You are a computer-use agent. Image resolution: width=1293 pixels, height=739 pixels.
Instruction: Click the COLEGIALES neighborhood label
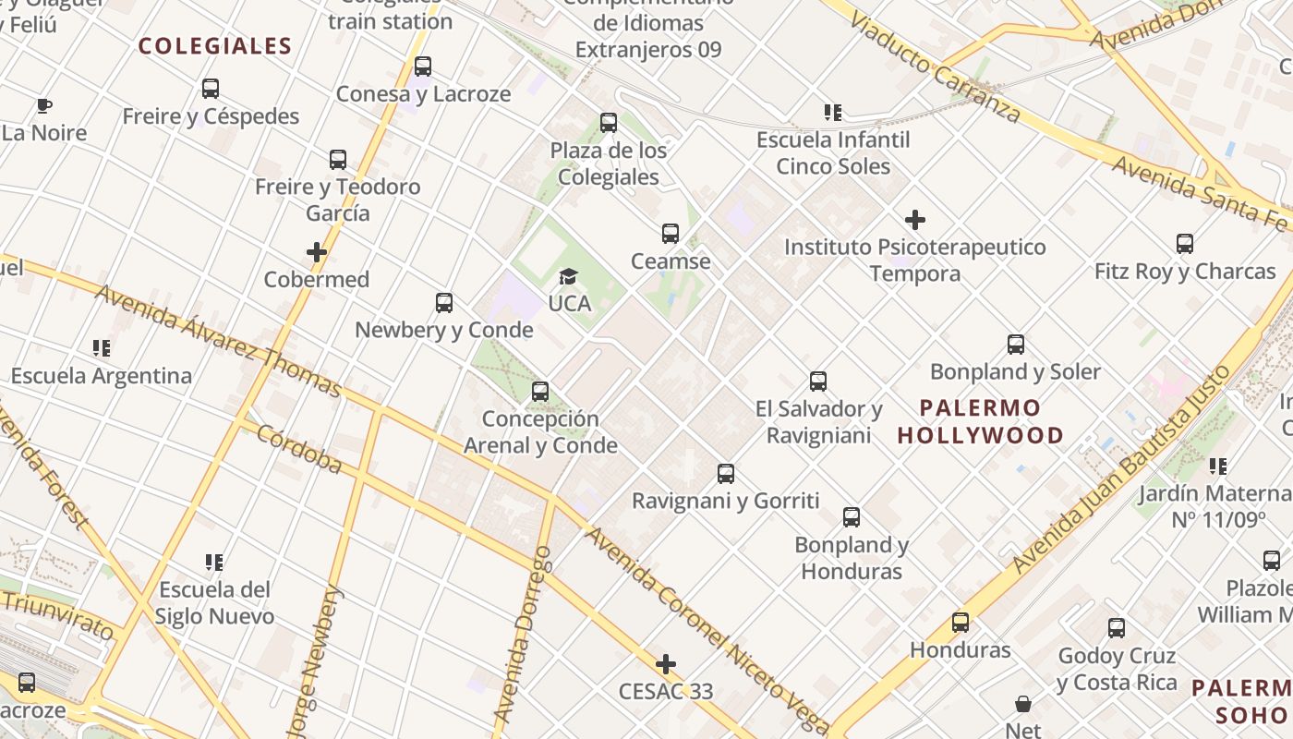click(x=214, y=46)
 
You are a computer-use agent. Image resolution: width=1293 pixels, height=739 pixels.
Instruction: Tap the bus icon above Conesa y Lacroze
click(x=423, y=67)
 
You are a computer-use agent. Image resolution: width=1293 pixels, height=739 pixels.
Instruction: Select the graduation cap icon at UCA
click(x=568, y=276)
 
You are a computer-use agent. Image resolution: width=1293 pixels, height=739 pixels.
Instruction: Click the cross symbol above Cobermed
click(x=317, y=252)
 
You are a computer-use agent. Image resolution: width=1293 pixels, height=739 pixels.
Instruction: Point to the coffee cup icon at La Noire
click(x=44, y=105)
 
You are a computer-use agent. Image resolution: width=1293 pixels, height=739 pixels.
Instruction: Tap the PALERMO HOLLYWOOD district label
click(x=980, y=421)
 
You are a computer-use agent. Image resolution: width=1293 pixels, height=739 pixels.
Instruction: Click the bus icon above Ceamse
click(x=671, y=234)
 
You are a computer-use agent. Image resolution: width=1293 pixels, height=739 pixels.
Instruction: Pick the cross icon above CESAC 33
click(x=665, y=664)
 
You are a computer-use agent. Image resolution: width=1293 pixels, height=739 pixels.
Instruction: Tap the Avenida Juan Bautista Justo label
click(x=1122, y=468)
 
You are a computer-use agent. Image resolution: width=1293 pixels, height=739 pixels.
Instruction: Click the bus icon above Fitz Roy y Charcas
click(x=1185, y=244)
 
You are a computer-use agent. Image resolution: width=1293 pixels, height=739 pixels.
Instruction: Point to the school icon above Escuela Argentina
click(x=102, y=348)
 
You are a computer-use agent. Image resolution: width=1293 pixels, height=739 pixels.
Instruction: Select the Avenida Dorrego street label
click(x=523, y=633)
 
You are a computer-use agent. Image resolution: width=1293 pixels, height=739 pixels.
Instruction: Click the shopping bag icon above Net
click(x=1023, y=704)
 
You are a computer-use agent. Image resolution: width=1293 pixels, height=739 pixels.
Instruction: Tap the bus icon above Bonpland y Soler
click(x=1016, y=345)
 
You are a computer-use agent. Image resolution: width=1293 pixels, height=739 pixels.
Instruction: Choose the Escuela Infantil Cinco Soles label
click(x=833, y=153)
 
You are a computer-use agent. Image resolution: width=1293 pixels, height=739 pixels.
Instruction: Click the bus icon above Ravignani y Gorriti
click(x=726, y=474)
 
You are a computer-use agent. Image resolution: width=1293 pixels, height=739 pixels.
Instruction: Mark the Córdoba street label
click(x=299, y=449)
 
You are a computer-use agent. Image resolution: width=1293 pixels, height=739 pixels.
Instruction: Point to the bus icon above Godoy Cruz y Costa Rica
click(x=1117, y=628)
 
